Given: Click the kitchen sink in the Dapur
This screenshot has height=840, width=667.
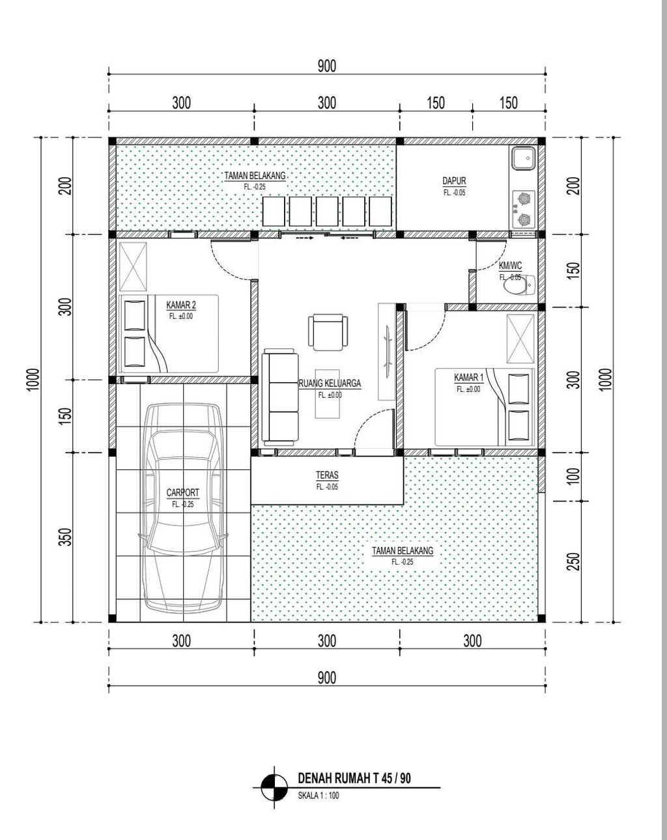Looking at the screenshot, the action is pos(522,158).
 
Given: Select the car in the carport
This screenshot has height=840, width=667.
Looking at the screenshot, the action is pos(182,508).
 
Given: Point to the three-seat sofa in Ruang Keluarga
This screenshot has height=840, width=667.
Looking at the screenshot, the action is pos(279,397).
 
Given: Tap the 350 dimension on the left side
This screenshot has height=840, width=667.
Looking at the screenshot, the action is pos(67,537).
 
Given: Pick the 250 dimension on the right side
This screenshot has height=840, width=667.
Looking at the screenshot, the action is pos(573,561).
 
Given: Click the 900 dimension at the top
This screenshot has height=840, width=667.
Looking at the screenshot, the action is pos(326,66).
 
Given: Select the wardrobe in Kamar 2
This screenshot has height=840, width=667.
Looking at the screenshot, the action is pos(133,266).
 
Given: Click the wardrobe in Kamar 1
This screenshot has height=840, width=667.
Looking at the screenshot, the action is pos(520,339).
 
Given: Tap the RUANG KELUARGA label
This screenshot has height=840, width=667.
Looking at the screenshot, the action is pos(330,384).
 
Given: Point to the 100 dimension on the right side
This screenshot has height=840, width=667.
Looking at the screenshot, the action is pos(573,477).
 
